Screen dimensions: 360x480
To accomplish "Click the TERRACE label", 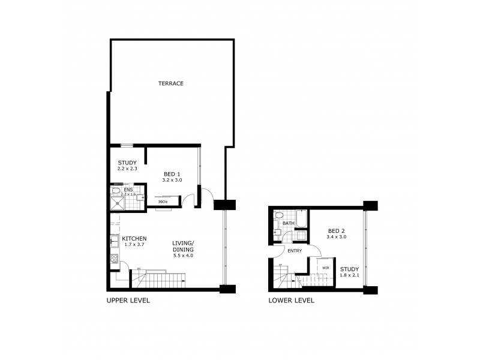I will pos(170,83).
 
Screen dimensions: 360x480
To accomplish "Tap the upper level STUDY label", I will pos(127,163).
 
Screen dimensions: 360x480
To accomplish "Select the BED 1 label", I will pos(172,173).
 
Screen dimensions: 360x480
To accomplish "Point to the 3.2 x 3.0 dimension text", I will pos(172,179).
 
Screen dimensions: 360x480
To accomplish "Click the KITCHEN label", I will pos(133,238).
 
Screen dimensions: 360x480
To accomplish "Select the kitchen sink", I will pos(113,242).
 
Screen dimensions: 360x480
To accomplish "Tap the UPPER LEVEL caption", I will pos(128,300).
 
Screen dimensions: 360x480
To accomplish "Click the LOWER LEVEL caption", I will pos(291,300).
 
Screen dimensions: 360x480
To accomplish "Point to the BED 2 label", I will pos(336,230).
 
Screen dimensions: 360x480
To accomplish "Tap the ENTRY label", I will pos(294,251).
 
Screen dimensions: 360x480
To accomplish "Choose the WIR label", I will pos(325,268).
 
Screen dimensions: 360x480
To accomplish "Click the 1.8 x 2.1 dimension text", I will pos(349,275).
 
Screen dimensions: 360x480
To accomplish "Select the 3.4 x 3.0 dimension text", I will pos(337,237).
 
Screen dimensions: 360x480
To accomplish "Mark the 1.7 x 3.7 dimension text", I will pos(133,244).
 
